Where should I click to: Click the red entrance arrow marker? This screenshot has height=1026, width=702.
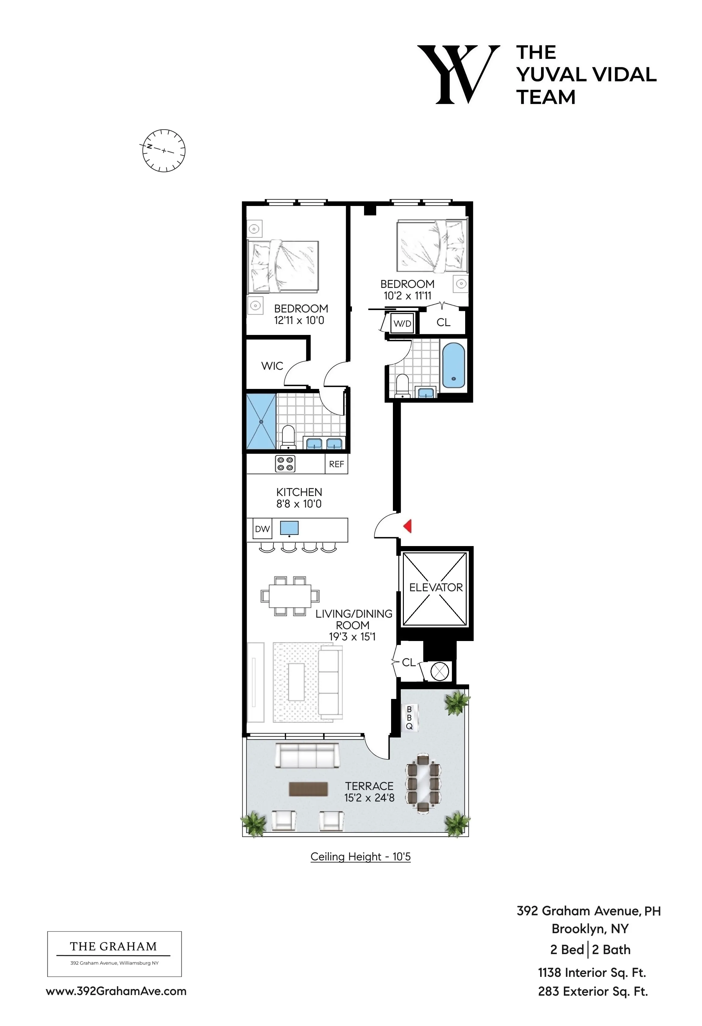(x=408, y=526)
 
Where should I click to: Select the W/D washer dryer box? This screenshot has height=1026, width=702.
(x=402, y=324)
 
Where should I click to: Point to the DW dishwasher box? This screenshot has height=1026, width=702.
(x=262, y=529)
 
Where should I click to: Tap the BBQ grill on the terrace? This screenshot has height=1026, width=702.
(x=410, y=717)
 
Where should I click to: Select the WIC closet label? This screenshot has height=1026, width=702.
(x=272, y=366)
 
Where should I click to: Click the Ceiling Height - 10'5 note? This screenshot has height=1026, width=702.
(x=360, y=856)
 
